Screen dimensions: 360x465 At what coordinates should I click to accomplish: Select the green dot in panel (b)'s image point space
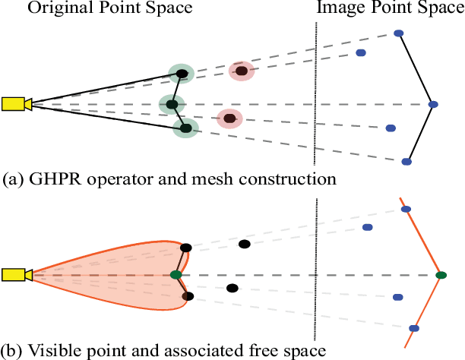pyautogui.click(x=440, y=274)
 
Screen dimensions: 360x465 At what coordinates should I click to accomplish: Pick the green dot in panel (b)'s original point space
pyautogui.click(x=176, y=274)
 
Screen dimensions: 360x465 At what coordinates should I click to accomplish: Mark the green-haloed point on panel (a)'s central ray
pyautogui.click(x=172, y=104)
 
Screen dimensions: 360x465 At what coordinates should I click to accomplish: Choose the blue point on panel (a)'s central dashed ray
pyautogui.click(x=432, y=104)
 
